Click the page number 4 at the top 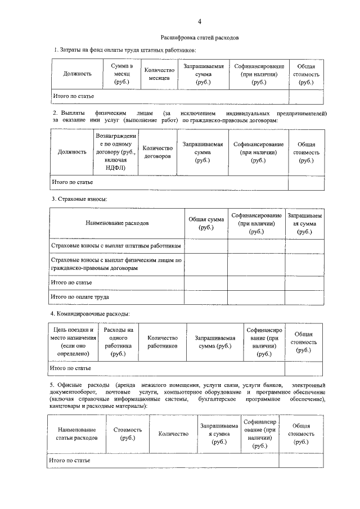199,21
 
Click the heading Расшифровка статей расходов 200,38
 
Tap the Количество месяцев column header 160,74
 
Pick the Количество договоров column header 157,152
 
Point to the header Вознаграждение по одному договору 115,152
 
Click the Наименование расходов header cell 117,223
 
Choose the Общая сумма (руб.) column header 206,223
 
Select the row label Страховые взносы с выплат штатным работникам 116,246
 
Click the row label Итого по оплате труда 80,296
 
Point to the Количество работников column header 163,342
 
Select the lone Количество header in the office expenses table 173,434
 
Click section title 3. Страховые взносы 79,199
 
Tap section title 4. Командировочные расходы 90,313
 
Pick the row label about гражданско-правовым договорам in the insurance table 116,264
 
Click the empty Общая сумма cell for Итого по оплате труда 206,296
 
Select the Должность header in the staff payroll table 78,74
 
